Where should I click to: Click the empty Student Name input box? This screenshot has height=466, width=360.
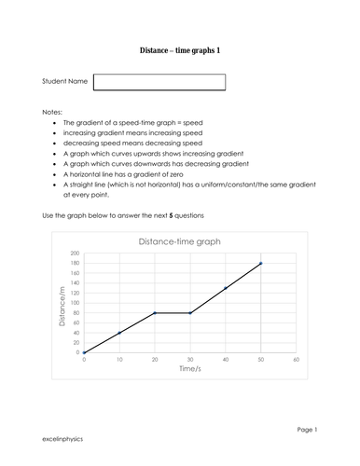tap(159, 82)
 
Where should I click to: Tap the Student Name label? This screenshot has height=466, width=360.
tap(65, 82)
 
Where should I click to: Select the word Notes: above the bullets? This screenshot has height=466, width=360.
tap(53, 110)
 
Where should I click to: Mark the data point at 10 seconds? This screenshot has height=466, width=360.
tap(119, 333)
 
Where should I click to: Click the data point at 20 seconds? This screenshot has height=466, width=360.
tap(155, 312)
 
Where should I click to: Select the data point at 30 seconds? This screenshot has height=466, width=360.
tap(190, 312)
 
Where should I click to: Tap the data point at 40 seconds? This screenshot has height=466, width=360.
tap(226, 288)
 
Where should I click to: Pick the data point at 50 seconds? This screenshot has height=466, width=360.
tap(260, 263)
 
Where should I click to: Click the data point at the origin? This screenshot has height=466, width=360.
tap(85, 352)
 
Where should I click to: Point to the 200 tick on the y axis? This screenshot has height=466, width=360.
tap(75, 254)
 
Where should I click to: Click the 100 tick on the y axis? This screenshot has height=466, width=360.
tap(75, 303)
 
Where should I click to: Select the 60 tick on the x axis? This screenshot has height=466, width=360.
tap(296, 359)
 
